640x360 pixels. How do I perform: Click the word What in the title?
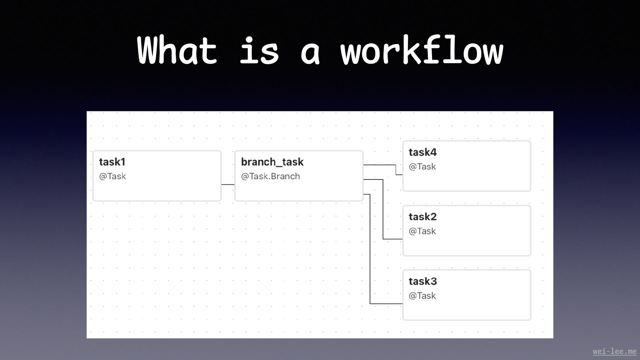177,51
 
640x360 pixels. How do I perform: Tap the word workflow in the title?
422,51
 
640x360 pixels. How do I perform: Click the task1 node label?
112,162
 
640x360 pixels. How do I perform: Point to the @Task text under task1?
112,176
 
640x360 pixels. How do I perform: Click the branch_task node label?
272,162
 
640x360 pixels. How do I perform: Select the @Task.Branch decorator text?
270,176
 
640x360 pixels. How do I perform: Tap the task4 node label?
422,152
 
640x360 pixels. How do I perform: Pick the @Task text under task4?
422,167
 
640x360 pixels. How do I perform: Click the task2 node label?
422,217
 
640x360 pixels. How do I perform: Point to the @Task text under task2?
422,231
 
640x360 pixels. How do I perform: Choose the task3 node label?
422,281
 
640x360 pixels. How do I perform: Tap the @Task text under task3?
422,296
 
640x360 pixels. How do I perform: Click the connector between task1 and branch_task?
228,184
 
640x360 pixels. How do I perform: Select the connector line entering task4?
396,169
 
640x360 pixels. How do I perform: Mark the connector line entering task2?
383,210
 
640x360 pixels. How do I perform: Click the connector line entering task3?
370,250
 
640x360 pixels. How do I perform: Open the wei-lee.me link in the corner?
614,351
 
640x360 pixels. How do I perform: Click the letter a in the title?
310,53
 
